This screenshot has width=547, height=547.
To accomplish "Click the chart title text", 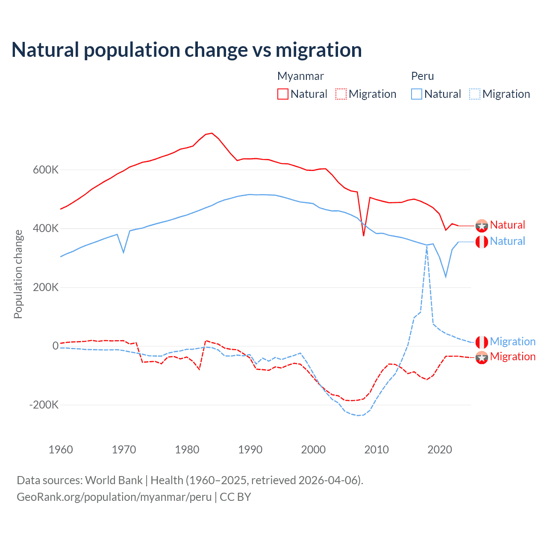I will tap(187, 50).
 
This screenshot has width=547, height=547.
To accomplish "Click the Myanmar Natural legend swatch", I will tap(283, 94).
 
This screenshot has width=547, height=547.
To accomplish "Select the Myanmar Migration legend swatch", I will tap(341, 94).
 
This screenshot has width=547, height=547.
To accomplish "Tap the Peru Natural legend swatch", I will tap(417, 94).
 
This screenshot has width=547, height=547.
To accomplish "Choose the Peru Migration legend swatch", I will tap(475, 94).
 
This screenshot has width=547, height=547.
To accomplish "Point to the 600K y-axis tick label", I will tap(46, 170).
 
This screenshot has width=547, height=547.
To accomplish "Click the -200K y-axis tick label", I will tap(44, 405).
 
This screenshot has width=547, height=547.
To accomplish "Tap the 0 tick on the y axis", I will tap(56, 346).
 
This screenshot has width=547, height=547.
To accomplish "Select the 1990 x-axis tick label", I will tap(250, 450).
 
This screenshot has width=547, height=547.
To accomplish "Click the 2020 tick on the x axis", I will tap(440, 450).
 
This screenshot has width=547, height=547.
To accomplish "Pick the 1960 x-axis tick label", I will tap(61, 450).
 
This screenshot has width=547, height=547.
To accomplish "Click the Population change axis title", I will tap(18, 274).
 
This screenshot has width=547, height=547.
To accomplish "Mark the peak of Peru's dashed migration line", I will tap(427, 247).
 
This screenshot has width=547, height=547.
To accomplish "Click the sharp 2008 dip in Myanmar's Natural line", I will tap(364, 235).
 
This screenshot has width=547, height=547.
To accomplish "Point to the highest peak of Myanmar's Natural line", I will tap(212, 133).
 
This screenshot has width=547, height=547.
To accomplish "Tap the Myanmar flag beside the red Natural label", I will tap(482, 226).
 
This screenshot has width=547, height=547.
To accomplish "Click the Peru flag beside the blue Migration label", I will tap(482, 342).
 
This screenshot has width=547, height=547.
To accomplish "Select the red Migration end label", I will tap(512, 356).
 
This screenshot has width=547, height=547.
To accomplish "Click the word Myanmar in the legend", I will tap(300, 76).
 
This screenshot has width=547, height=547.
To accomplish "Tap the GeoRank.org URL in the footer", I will tap(114, 497).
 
